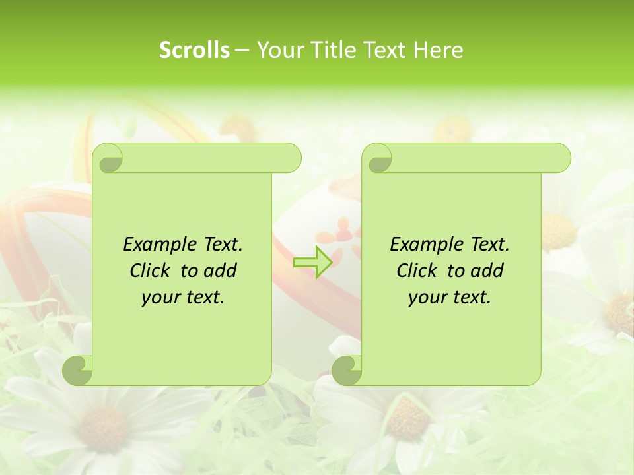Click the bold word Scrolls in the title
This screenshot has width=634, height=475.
click(x=194, y=50)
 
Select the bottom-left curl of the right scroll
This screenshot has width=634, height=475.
click(x=347, y=369)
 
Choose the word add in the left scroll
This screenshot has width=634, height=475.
click(x=220, y=270)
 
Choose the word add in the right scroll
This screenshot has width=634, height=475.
click(x=487, y=270)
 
